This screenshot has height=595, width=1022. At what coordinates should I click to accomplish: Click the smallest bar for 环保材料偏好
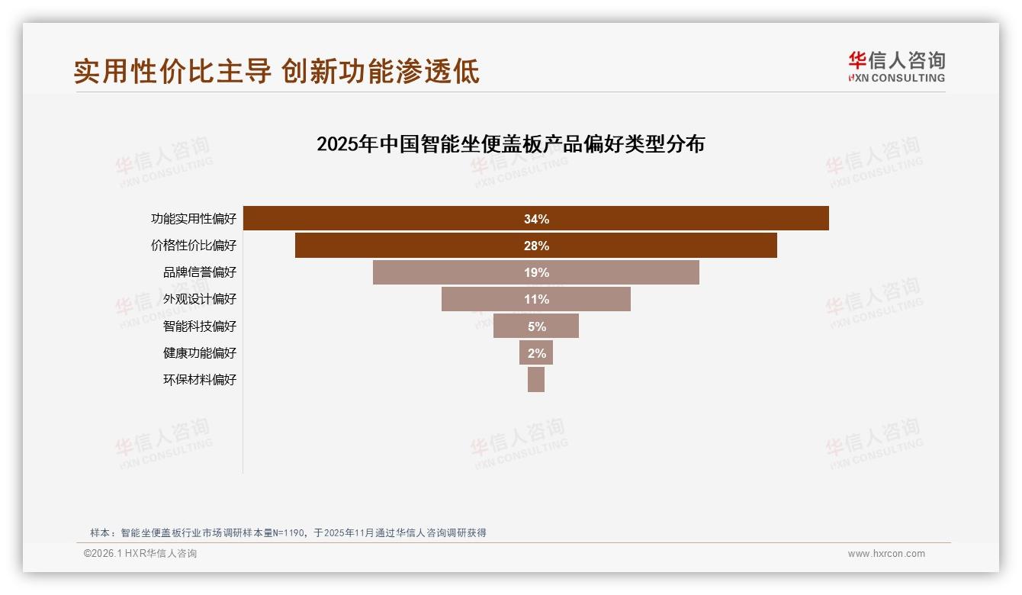coord(536,379)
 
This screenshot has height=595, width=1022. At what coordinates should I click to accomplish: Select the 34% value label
coord(536,219)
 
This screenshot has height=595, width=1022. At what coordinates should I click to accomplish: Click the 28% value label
coord(536,246)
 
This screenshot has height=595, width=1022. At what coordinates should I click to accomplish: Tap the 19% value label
coord(536,272)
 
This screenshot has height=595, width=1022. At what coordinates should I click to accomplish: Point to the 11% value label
coord(536,299)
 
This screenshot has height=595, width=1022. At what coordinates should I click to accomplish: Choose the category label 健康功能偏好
coord(200,353)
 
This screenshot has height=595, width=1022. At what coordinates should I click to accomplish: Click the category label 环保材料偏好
coord(200,380)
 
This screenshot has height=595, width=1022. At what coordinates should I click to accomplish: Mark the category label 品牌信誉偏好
coord(200,272)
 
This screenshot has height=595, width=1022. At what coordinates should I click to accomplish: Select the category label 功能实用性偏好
coord(194,219)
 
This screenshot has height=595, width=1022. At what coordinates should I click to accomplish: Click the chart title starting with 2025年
coord(510,144)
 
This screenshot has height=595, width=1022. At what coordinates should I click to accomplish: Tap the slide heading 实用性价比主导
coord(172,71)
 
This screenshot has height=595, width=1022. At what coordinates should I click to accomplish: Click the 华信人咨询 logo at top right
coord(896,66)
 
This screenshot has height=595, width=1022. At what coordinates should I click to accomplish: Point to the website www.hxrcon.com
coord(886,554)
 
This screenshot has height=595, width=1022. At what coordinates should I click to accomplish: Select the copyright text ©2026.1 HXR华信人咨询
coord(140,554)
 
